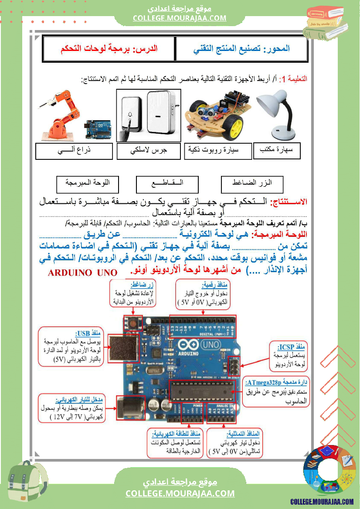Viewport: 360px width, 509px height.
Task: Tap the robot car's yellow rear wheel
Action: [x=236, y=127]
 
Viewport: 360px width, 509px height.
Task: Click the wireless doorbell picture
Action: [x=149, y=115]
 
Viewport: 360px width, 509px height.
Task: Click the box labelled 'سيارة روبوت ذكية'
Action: [x=218, y=151]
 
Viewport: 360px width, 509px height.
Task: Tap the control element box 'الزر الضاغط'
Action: [x=252, y=184]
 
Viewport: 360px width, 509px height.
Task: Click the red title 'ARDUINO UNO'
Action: [x=82, y=273]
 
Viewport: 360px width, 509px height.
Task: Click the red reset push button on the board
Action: [x=132, y=323]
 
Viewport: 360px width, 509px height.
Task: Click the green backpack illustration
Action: [x=27, y=485]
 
